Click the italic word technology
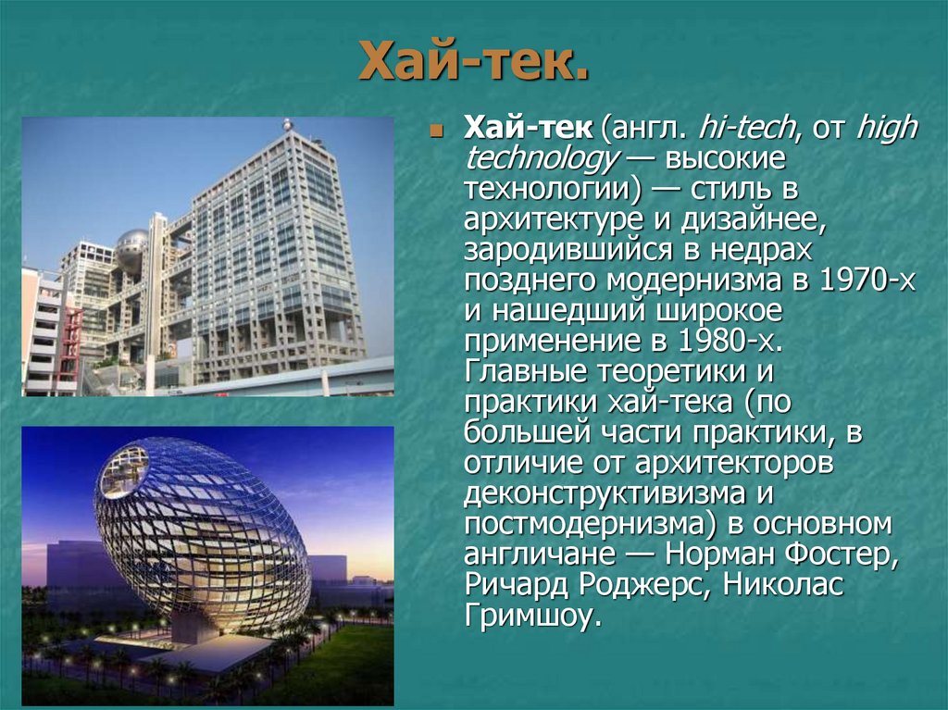[x=543, y=158]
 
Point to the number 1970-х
[x=867, y=281]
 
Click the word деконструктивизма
[x=605, y=493]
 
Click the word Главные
[x=523, y=372]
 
